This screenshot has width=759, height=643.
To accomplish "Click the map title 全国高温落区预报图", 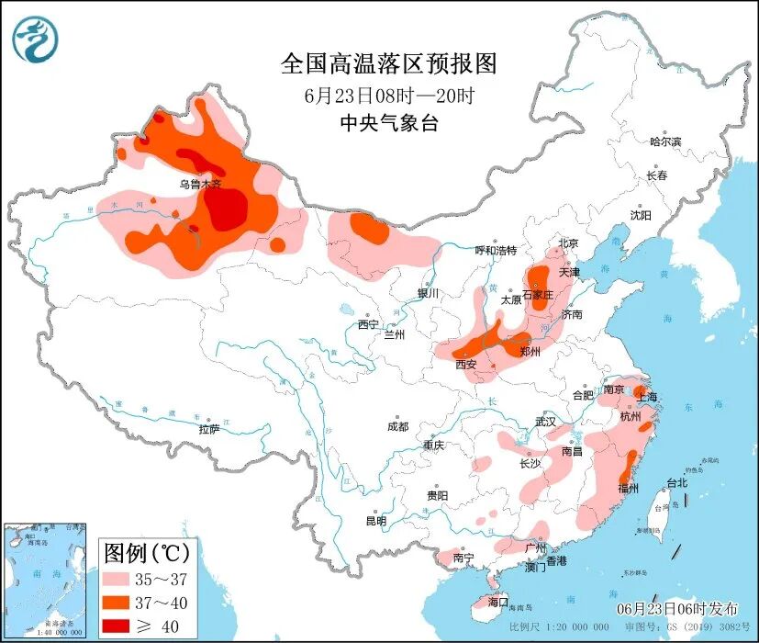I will tap(388, 63).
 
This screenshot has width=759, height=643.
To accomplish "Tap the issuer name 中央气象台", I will tap(388, 124).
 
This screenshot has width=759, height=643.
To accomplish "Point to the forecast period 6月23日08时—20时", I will tap(388, 95).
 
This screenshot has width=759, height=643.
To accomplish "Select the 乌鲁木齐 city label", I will tap(200, 184).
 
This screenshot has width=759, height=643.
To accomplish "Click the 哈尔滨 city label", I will tap(665, 141).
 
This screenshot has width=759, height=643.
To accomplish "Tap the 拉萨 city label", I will tap(209, 429).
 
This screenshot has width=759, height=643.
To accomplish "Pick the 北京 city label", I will tap(569, 243).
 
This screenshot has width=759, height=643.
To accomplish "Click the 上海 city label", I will tap(648, 397).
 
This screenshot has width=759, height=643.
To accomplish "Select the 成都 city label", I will tap(397, 426).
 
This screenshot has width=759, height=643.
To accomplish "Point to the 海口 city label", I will tap(498, 602).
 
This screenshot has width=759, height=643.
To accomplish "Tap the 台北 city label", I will tap(676, 482).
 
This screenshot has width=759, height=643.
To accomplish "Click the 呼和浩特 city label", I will tap(496, 251).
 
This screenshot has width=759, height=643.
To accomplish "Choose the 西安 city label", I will tap(466, 364).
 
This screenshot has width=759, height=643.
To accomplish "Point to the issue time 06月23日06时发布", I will tap(675, 609).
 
